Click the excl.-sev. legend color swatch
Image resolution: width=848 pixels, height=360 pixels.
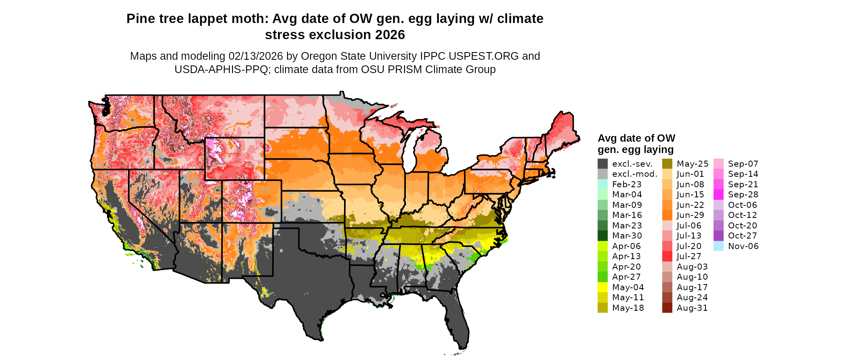602,164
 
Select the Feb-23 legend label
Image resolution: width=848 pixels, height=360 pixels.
627,184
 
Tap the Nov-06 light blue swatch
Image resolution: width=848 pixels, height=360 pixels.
718,246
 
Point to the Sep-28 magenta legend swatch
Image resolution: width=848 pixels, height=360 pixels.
718,195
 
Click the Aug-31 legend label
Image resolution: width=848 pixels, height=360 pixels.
692,308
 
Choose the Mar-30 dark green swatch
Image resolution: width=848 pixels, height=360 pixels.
602,236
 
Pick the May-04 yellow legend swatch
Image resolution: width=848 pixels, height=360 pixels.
602,287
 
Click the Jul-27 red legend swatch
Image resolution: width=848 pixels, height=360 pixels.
667,256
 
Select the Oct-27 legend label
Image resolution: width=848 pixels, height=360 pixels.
742,236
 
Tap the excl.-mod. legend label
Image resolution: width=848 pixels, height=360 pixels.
635,174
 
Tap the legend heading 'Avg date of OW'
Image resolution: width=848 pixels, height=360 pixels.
636,138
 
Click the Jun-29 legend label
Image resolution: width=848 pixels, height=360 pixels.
690,215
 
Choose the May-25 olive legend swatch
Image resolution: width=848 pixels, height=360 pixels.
667,164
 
